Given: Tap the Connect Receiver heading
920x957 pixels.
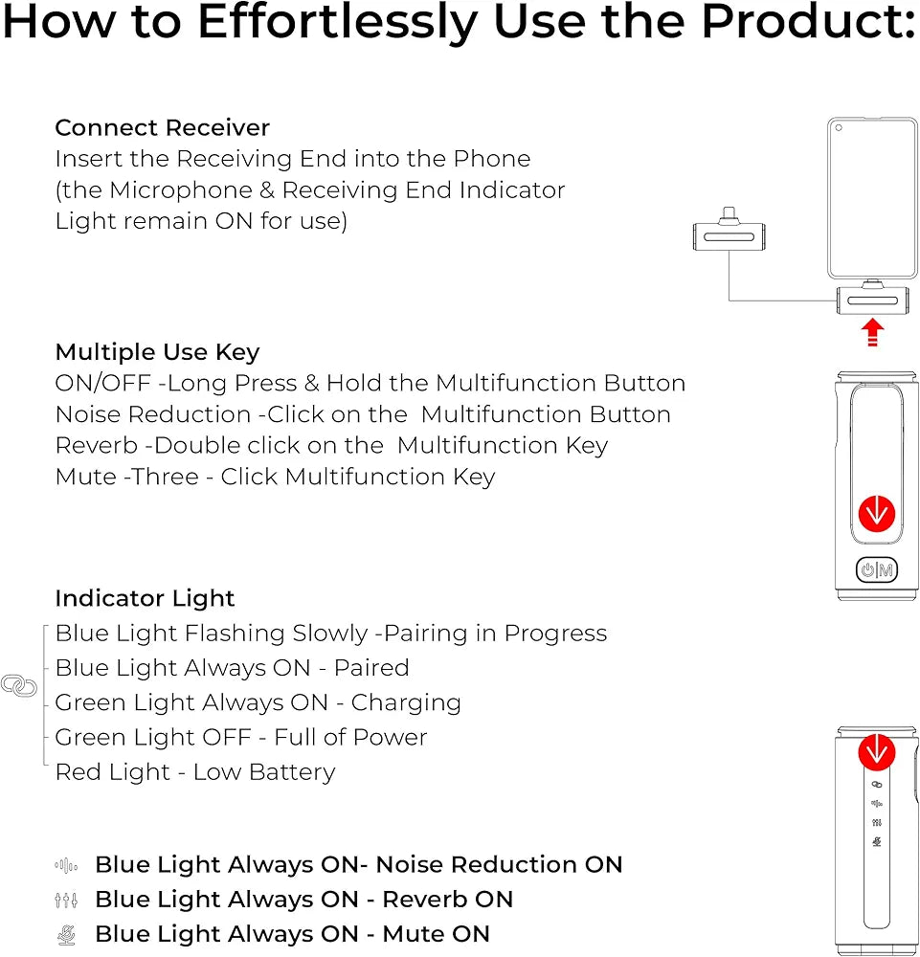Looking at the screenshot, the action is coord(163,127).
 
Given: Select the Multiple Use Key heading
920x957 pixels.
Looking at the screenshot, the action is coord(158,352).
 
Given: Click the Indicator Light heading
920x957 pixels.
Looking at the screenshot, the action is coord(145,598).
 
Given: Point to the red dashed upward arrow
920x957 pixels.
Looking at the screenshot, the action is coord(872,332).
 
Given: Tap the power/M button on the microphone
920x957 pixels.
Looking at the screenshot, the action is coord(877,570).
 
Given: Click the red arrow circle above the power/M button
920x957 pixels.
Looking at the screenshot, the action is coord(877,513).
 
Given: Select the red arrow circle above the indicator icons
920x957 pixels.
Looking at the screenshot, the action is coord(877,752).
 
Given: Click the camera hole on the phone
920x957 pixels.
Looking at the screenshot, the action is coord(839,128).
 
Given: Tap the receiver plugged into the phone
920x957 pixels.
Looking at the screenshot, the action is coord(872,298).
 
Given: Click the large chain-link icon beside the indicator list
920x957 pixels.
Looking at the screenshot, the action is coord(19,685).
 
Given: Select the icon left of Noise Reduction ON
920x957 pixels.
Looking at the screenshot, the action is coord(66,865).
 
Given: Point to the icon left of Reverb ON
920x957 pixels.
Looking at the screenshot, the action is coord(66,900).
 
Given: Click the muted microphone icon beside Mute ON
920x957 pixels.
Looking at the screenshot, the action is coord(66,934).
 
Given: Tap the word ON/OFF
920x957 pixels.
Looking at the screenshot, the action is coord(103,384).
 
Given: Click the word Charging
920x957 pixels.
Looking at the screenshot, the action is coord(406,703).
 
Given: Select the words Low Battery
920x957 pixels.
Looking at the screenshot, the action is coord(264,772).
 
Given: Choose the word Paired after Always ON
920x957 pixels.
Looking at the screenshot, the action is coord(371,668).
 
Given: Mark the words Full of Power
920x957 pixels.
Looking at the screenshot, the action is coord(350,737).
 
